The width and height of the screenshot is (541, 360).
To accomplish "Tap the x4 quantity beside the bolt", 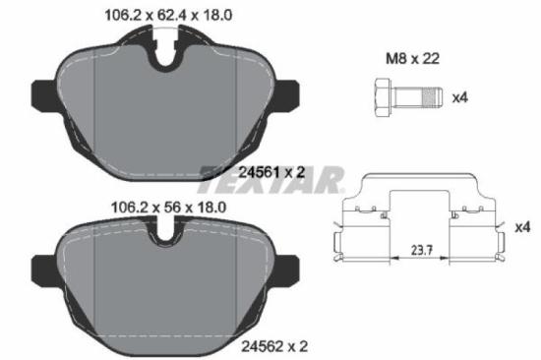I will click(x=458, y=96).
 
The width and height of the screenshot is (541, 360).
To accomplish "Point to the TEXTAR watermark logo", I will click(x=270, y=181).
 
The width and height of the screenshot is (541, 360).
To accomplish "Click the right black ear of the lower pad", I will click(x=287, y=267).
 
